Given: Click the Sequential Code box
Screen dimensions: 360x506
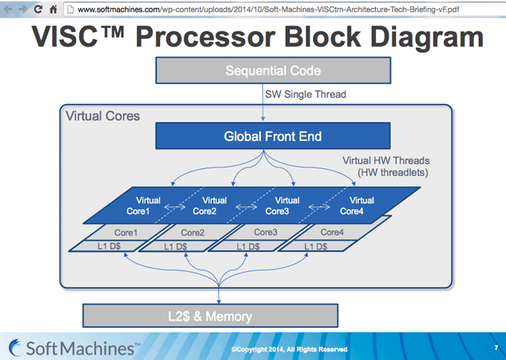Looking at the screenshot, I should coord(262,71).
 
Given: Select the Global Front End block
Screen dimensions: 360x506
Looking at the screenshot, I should coord(262,137).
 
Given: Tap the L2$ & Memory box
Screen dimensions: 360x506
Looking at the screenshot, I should coord(210,316).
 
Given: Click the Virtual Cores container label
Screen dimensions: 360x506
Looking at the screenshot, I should coord(103,117).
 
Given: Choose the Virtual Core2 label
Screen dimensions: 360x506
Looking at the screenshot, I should coord(205,206).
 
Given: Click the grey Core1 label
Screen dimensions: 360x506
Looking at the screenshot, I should coord(126,231).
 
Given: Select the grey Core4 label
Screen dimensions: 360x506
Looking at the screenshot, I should coord(332,231).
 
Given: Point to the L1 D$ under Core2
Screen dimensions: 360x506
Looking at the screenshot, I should coord(174,246).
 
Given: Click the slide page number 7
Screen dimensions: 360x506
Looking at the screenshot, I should coord(496,346).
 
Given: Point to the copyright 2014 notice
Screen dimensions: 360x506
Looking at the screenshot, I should coord(289,349).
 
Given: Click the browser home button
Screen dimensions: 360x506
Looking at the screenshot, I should coord(53,9).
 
